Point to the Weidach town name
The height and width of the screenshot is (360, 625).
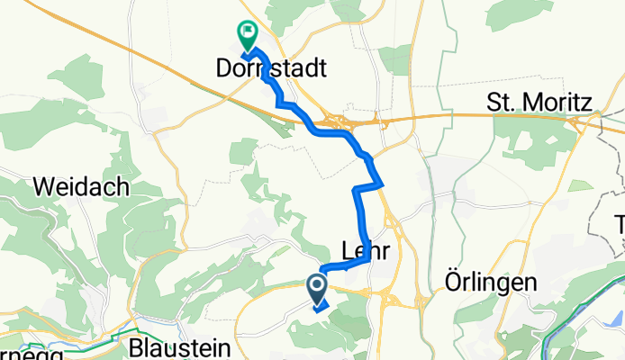click(x=80, y=188)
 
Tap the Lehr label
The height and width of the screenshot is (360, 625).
click(x=366, y=253)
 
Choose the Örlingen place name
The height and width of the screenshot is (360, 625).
click(x=491, y=282)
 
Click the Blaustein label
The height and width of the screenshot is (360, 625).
click(x=180, y=347)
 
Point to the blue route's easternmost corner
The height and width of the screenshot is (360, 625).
click(x=383, y=183)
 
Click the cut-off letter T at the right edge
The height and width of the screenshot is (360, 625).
click(x=620, y=223)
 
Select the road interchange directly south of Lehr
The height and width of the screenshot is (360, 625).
click(x=389, y=295)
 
